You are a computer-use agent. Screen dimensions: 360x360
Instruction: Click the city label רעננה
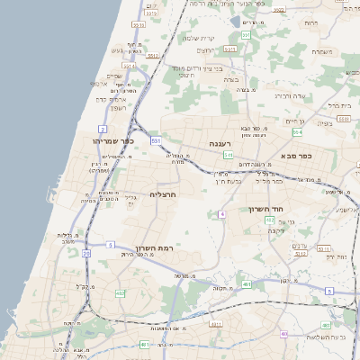coord(221,143)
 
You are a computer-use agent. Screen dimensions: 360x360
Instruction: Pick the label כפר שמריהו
coord(113,140)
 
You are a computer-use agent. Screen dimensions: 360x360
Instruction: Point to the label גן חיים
coord(295,121)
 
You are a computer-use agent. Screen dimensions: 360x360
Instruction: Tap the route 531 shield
coord(156,140)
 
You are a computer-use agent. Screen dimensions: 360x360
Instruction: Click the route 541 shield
coord(229,155)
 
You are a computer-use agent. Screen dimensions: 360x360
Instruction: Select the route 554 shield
coord(298,131)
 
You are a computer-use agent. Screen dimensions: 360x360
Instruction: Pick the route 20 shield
coord(86,254)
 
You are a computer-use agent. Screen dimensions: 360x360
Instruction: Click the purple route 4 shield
coord(221,214)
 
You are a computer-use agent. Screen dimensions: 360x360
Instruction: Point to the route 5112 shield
coord(153,56)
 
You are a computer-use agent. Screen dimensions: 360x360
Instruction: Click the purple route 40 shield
coord(284,334)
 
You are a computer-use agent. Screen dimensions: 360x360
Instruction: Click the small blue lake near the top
coord(236,21)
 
